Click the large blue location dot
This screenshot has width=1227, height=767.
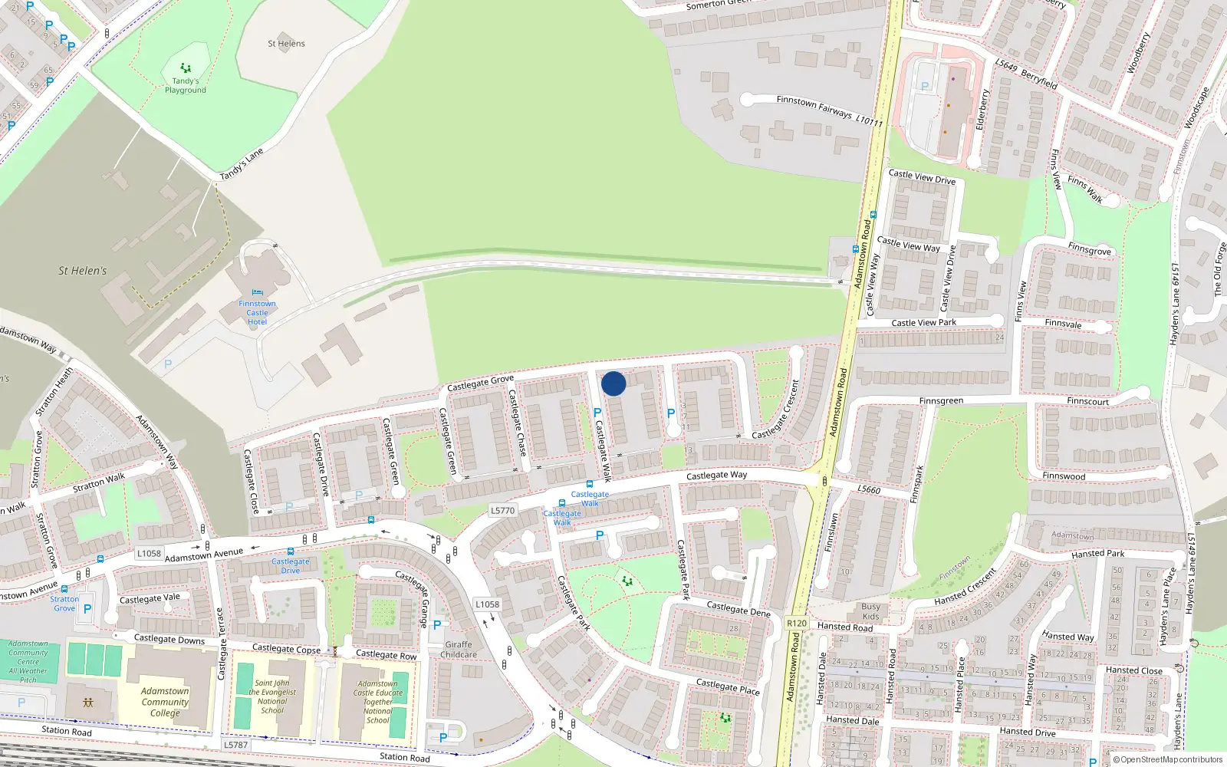(613, 383)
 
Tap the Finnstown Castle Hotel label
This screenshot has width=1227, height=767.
(257, 313)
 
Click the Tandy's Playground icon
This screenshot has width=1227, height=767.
(186, 68)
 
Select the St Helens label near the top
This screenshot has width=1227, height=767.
(286, 44)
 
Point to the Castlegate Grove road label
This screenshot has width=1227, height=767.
(480, 383)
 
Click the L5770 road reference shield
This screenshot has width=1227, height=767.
(502, 510)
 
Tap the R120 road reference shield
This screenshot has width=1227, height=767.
(797, 623)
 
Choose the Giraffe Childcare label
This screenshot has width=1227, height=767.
(459, 650)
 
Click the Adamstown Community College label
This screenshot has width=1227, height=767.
(165, 702)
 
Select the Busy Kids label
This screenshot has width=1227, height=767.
(870, 611)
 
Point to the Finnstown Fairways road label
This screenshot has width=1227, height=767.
(814, 107)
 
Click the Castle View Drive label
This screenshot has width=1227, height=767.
(922, 177)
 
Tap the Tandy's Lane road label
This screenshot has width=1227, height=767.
(242, 164)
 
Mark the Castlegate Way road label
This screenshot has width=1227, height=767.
(716, 476)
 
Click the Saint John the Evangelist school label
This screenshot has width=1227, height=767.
(272, 696)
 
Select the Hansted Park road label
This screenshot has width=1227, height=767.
(1097, 554)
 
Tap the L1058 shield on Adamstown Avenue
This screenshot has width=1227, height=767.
(149, 553)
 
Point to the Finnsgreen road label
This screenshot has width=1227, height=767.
(941, 401)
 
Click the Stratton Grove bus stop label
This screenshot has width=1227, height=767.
(64, 604)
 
